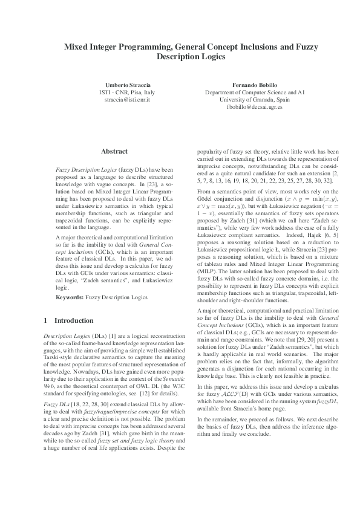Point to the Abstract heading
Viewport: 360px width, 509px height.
[114, 151]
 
